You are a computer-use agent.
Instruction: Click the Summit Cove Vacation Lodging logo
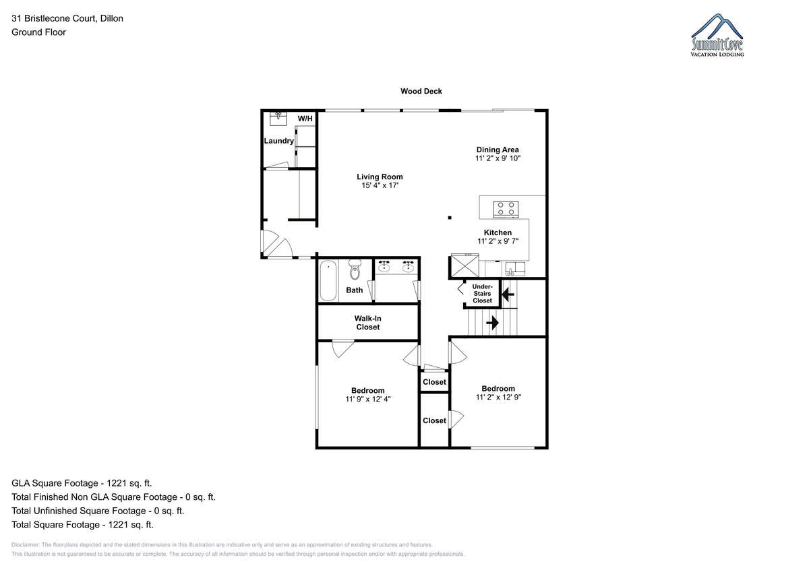[x=717, y=35]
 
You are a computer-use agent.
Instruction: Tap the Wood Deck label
[x=421, y=92]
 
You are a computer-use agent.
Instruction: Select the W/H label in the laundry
[x=305, y=119]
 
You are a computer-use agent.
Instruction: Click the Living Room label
[x=380, y=177]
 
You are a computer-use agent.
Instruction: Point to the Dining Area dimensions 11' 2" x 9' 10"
[x=498, y=158]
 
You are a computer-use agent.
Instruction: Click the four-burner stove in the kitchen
[x=506, y=210]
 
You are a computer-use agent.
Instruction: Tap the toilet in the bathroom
[x=355, y=269]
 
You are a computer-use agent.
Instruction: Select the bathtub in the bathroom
[x=328, y=280]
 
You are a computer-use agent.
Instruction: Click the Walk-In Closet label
[x=367, y=323]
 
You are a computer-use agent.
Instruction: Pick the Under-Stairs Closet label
[x=482, y=293]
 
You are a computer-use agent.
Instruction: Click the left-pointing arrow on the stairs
[x=508, y=294]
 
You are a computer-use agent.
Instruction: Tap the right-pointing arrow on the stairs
[x=493, y=323]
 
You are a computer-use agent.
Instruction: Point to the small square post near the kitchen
[x=450, y=218]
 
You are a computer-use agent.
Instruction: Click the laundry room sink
[x=278, y=119]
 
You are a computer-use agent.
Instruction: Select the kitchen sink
[x=515, y=269]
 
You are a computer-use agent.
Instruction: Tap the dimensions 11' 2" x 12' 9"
[x=498, y=397]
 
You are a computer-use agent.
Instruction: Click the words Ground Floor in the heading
[x=38, y=32]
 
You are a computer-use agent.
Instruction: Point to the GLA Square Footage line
[x=82, y=483]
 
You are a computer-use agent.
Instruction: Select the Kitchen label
[x=498, y=232]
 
